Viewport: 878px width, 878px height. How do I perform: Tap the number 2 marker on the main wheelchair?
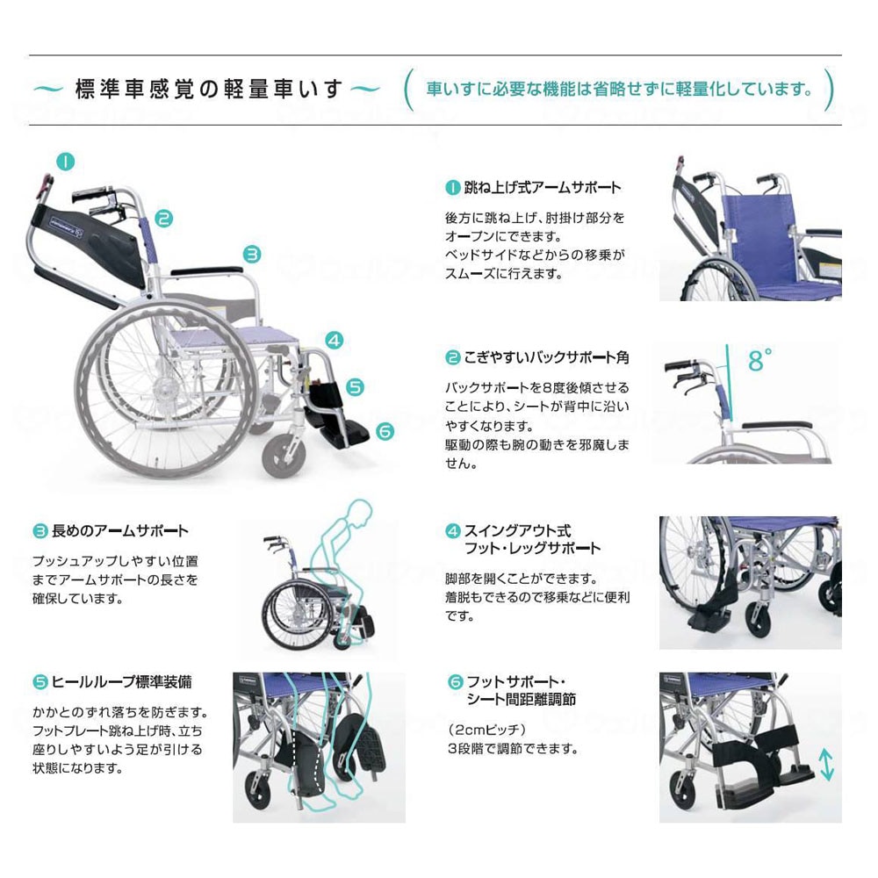(164, 219)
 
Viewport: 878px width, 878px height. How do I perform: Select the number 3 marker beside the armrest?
(252, 255)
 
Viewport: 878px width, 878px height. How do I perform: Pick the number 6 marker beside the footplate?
(385, 431)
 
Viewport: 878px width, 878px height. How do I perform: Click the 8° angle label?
(761, 359)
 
